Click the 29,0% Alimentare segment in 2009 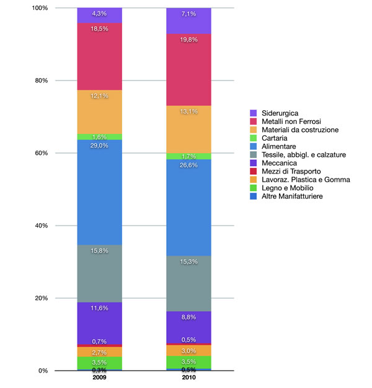(99, 192)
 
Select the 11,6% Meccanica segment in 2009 (99, 322)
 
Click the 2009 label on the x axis (99, 377)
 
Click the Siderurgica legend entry (279, 113)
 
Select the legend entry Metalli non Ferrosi (287, 121)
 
